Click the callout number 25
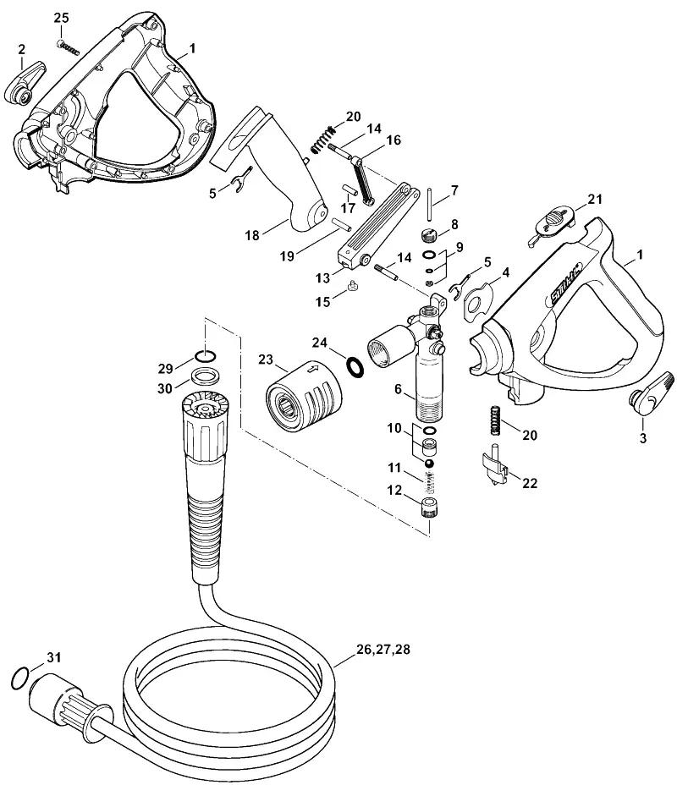pyautogui.click(x=61, y=18)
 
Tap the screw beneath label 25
pyautogui.click(x=68, y=47)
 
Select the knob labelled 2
pyautogui.click(x=24, y=85)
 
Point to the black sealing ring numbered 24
pyautogui.click(x=355, y=367)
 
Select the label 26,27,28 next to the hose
pyautogui.click(x=383, y=650)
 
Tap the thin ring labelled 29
pyautogui.click(x=206, y=356)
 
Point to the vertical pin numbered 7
pyautogui.click(x=430, y=204)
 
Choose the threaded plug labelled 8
pyautogui.click(x=429, y=233)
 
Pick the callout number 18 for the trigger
pyautogui.click(x=252, y=235)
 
